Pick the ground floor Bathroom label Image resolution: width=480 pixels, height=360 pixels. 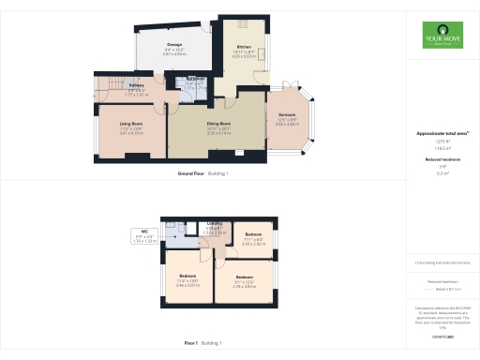195,79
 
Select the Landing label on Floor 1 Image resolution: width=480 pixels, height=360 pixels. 214,225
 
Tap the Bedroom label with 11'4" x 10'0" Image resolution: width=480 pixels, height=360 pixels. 187,276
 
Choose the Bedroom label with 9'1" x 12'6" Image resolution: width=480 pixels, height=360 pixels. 245,277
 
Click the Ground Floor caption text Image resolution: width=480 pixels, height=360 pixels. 191,173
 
